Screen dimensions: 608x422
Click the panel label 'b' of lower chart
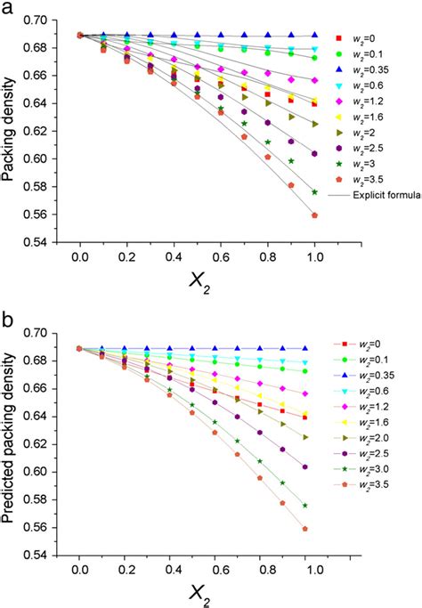click(x=8, y=319)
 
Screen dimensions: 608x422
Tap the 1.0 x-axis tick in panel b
click(x=313, y=575)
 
